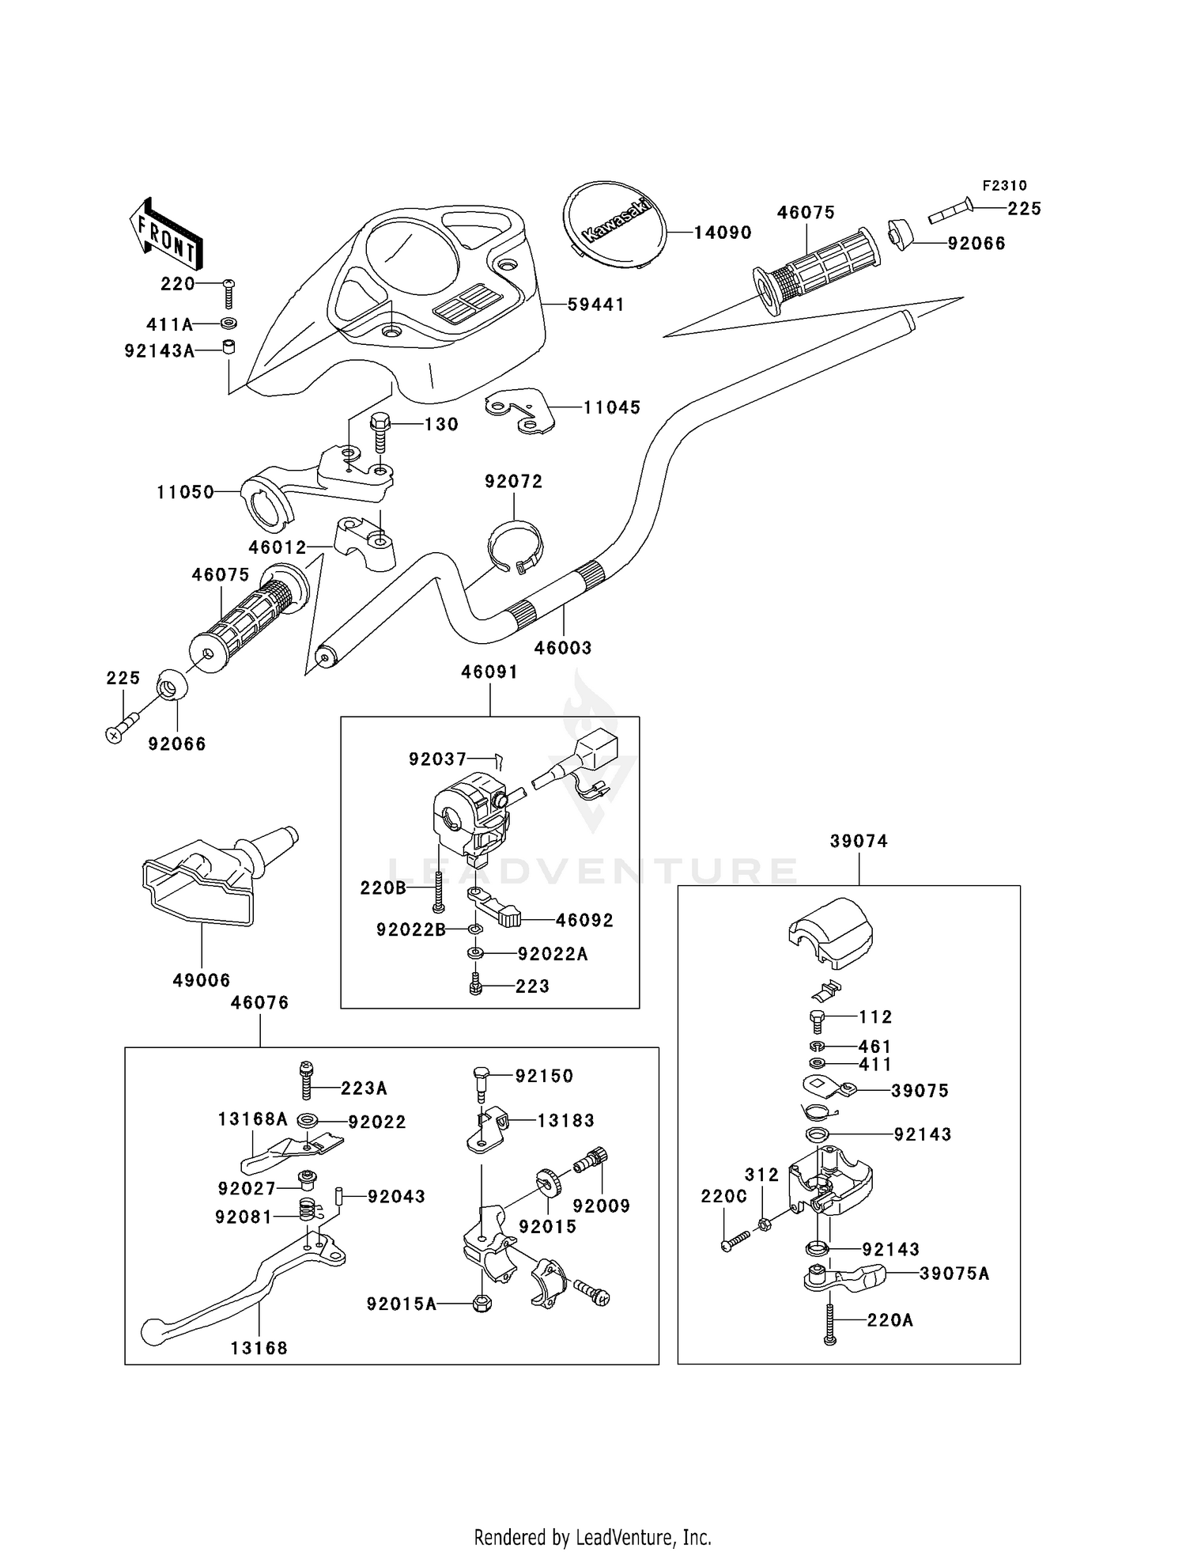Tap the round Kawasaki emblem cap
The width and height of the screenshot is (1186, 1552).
coord(614,220)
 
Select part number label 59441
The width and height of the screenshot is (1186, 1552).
coord(596,305)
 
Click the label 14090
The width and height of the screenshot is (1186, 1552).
coord(723,233)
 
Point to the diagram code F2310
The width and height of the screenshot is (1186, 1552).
coord(1004,185)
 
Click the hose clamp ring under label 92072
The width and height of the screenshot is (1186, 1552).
coord(515,545)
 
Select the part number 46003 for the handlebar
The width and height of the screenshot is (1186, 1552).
coord(563,648)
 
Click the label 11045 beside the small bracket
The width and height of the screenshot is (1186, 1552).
coord(612,407)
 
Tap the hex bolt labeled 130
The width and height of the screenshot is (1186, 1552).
coord(380,431)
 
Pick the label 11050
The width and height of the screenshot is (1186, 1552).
coord(186,492)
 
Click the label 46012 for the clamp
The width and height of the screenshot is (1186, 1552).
coord(277,547)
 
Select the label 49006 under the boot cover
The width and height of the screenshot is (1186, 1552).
coord(202,980)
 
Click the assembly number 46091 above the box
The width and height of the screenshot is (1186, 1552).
coord(489,672)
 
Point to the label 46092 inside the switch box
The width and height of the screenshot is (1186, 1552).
coord(584,920)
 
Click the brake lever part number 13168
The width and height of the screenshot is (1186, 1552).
coord(259,1348)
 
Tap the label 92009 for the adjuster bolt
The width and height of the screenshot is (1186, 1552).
coord(601,1206)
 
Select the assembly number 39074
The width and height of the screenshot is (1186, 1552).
coord(859,841)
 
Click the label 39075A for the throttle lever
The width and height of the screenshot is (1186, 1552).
coord(954,1274)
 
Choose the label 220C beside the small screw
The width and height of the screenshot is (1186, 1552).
coord(723,1197)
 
